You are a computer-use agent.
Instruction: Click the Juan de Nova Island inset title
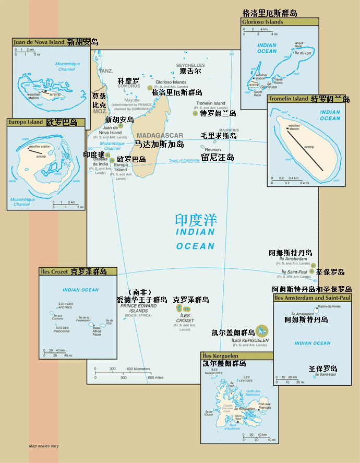pos(39,42)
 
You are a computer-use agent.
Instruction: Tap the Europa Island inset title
pos(26,122)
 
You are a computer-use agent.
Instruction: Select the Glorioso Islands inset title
pos(262,22)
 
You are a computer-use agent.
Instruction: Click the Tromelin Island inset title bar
pos(289,99)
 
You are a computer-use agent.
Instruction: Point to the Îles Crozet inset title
pos(54,271)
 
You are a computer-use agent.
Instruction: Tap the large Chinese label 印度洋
pos(196,220)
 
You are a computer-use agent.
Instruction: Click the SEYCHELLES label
pos(190,65)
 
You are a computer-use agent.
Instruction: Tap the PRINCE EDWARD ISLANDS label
pos(135,308)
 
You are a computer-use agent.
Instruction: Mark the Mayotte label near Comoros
pos(132,100)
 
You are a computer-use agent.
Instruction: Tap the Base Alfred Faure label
pos(97,330)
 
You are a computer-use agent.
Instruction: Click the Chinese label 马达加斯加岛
pos(159,144)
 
